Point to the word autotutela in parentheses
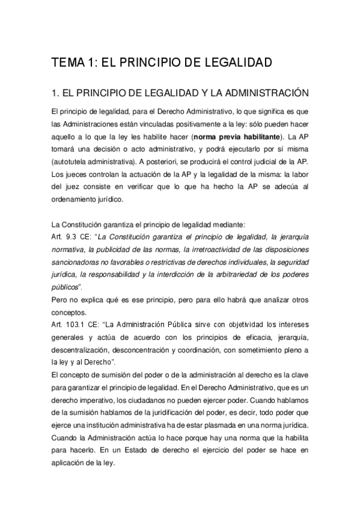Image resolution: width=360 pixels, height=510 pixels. click(x=74, y=164)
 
